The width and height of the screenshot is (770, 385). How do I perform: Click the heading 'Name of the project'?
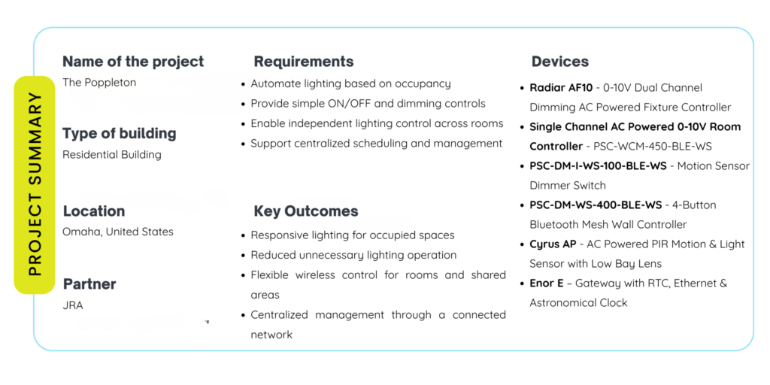pos(133,62)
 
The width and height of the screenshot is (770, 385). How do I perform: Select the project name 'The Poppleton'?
pos(99,83)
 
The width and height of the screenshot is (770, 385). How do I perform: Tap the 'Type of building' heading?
pos(120,134)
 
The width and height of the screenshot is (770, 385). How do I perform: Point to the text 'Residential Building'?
pos(112,155)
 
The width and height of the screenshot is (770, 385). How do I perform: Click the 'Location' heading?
pos(94,211)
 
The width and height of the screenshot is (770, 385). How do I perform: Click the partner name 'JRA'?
pos(73,305)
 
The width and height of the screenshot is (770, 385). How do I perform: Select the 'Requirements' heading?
pos(304,62)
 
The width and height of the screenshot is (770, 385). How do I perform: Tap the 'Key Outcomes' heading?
pos(306,211)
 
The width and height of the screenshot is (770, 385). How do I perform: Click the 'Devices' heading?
pos(559,62)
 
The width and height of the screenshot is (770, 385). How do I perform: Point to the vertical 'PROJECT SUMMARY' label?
pos(34,185)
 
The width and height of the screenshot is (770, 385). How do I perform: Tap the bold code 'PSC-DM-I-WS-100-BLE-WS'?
pos(598,166)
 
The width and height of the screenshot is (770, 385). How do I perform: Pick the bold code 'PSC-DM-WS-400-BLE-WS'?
pos(596,205)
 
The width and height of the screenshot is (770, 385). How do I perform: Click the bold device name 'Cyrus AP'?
pos(553,244)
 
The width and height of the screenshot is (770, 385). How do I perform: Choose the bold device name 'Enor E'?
pos(547,283)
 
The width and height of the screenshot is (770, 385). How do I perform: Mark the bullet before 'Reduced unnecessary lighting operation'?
pos(243,256)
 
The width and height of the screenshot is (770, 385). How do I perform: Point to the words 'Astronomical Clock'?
pos(578,303)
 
